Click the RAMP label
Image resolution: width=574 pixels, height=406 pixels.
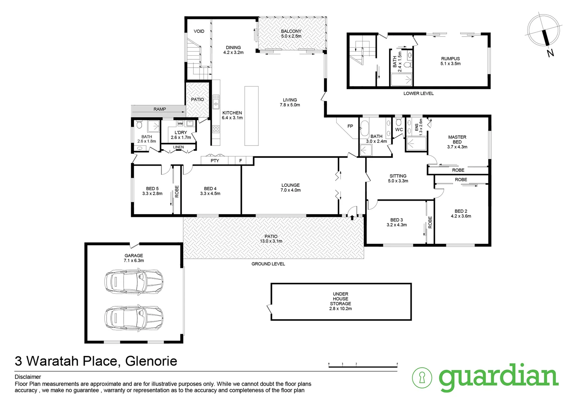coord(159,109)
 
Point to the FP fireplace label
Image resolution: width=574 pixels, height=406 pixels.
coord(350,126)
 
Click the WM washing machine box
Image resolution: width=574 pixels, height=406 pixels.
coord(180,124)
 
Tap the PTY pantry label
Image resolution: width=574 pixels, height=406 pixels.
coord(215,161)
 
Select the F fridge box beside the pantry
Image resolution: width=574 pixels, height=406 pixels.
coord(240,161)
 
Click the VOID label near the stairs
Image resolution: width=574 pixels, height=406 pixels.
coord(199,31)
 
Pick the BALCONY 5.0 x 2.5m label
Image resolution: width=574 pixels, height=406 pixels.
coord(291,34)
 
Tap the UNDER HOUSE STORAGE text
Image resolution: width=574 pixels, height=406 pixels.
coord(340,301)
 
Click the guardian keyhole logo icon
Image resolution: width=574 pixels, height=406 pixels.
coord(422,377)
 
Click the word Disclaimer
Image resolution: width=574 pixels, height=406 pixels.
coord(28,377)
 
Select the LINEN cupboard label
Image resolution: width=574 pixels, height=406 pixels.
coord(178,147)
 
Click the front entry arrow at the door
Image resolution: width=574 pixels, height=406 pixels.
coord(352,217)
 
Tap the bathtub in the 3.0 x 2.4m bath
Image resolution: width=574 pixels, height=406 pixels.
coord(364,128)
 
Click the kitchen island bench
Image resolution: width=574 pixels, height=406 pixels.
coord(251,116)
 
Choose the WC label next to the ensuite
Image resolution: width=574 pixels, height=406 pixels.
coord(399,130)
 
